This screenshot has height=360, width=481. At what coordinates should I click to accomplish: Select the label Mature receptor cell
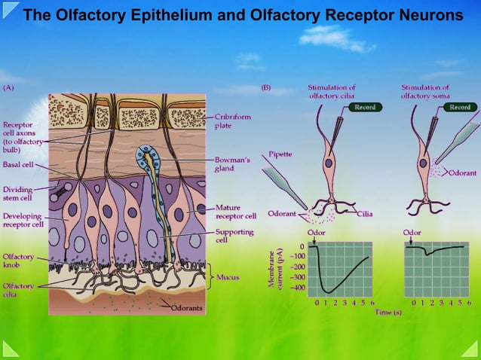[236, 212]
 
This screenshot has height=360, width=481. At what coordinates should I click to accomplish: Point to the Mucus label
[228, 277]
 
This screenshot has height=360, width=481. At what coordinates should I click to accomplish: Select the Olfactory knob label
[19, 261]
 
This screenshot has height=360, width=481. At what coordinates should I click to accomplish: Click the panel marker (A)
[8, 87]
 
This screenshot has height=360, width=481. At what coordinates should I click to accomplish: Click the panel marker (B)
[265, 87]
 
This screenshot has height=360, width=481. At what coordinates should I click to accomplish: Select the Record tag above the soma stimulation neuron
[459, 108]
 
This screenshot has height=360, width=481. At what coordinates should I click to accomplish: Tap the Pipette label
[281, 154]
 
